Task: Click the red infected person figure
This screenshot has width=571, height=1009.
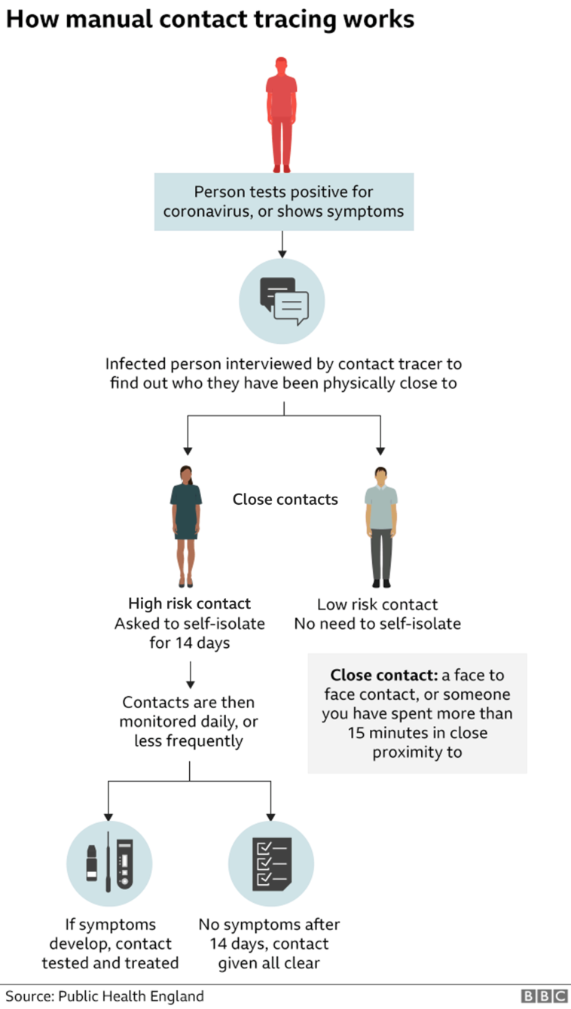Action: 281,113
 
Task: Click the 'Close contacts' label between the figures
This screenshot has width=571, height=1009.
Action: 285,499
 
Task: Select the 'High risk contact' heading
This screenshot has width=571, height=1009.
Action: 189,603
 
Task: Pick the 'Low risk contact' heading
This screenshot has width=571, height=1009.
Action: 377,604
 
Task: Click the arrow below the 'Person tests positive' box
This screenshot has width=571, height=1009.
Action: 281,244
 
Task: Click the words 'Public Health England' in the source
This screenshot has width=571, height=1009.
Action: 133,996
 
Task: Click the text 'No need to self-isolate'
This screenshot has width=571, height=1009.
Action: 377,624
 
